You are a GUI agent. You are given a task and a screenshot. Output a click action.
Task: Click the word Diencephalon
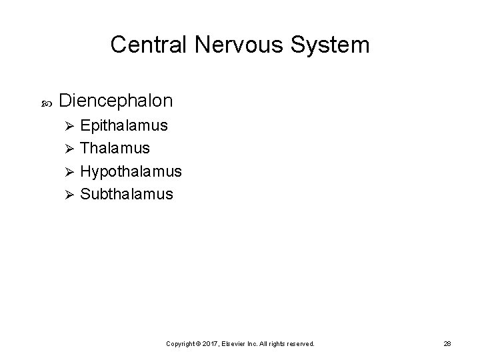coord(116,101)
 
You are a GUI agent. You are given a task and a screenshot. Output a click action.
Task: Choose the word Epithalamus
coord(124,125)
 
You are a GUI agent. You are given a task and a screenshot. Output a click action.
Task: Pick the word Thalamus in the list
coord(115,148)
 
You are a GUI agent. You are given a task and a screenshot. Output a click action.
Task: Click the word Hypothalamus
coord(131,171)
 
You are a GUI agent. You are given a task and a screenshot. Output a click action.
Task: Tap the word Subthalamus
coord(127,194)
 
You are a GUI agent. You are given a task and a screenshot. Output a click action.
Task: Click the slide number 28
coord(447,343)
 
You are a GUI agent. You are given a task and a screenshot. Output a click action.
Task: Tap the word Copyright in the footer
coord(180,343)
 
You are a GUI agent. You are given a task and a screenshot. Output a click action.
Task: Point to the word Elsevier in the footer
coord(233,343)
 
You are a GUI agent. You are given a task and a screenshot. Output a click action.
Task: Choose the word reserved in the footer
coord(300,343)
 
